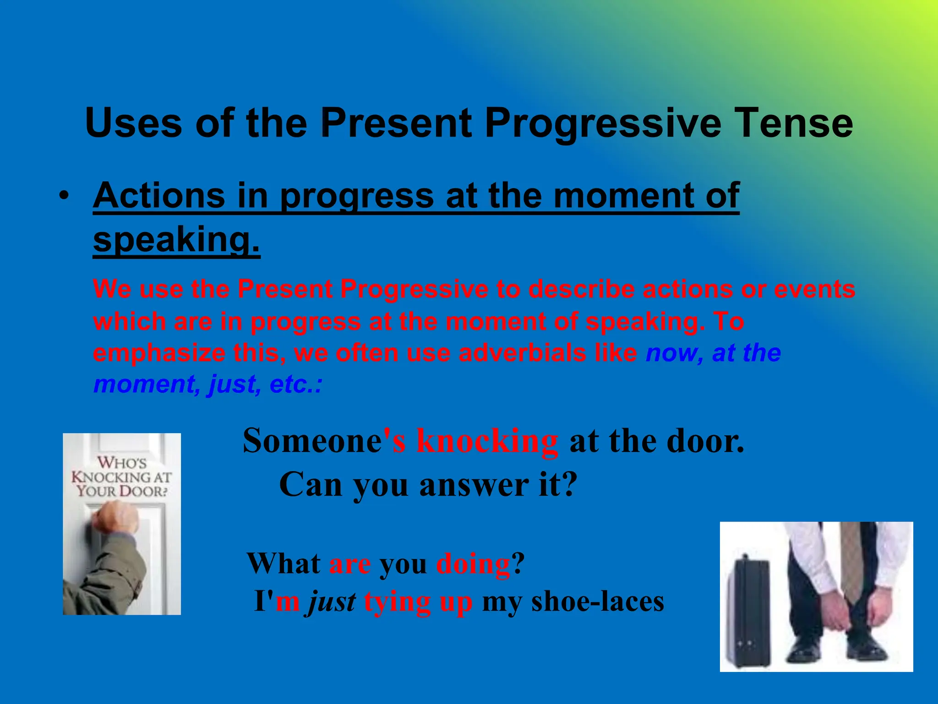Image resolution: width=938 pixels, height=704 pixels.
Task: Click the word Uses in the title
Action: point(134,123)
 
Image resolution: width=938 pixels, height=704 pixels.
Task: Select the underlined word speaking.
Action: point(176,240)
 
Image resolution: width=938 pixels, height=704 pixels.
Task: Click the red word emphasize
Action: point(159,353)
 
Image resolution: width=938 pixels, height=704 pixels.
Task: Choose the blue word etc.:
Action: point(296,384)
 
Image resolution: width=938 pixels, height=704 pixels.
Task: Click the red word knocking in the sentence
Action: point(487,441)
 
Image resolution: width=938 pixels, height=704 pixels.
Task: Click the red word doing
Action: point(473,564)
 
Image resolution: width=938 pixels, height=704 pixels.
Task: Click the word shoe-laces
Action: point(597,602)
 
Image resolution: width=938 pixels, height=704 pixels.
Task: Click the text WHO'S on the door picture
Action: point(122,462)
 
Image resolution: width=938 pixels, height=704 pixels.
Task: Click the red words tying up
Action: point(418,602)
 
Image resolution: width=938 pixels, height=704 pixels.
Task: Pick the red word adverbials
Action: point(522,353)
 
